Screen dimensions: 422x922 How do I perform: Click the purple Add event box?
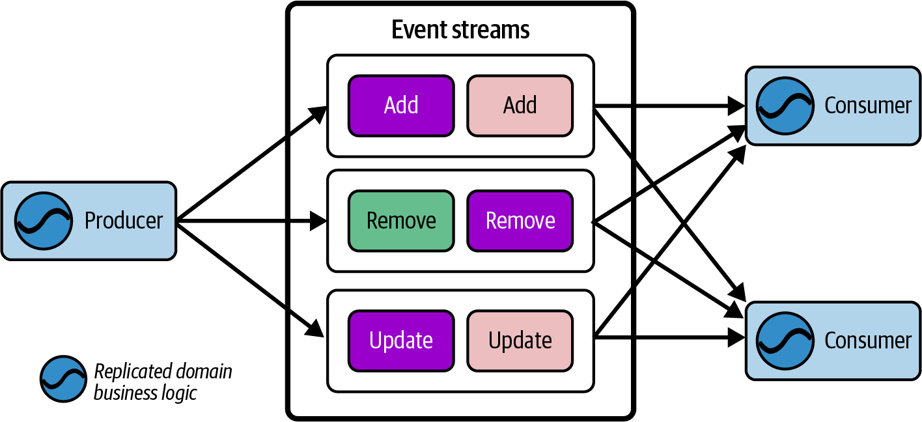point(401,105)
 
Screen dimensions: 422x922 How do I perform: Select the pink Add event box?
point(520,105)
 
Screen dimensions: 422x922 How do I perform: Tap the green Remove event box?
point(401,221)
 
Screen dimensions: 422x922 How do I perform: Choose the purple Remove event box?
point(520,221)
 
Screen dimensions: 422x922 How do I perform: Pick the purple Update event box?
point(401,340)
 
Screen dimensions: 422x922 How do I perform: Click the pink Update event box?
point(520,340)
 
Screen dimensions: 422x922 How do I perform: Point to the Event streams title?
point(460,30)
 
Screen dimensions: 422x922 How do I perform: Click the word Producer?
point(124,221)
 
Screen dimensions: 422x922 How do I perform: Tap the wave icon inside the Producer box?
point(44,221)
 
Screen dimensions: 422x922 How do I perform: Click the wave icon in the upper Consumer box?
point(785,105)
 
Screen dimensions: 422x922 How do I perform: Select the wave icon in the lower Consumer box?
point(785,340)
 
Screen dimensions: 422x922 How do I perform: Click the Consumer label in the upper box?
point(867,105)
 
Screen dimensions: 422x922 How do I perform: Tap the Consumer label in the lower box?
point(867,340)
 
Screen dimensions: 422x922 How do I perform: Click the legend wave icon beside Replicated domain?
point(63,379)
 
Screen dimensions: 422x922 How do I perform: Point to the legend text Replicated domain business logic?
point(163,382)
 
